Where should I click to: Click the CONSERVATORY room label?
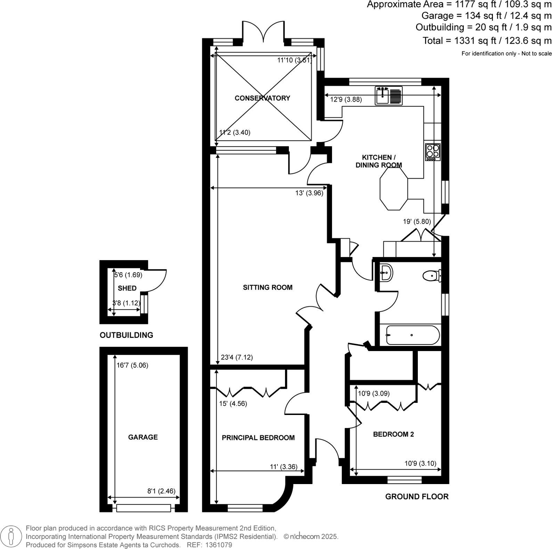coord(262,98)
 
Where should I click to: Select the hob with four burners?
coord(432,152)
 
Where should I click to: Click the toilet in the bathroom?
coord(431,276)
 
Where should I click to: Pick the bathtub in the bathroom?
coord(413,335)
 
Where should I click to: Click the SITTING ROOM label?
coord(267,288)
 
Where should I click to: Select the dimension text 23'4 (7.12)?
coord(237,357)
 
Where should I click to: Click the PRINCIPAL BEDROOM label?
coord(258,438)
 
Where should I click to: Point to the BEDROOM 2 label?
coord(393,434)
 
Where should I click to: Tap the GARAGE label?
coord(143,437)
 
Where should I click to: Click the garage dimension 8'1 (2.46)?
coord(161,491)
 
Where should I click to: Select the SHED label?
coord(127,288)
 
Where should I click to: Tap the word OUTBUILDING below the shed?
coord(126,335)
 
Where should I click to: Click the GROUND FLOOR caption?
coord(416,497)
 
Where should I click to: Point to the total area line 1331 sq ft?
coord(487,41)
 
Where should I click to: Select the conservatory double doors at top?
coord(263,32)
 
